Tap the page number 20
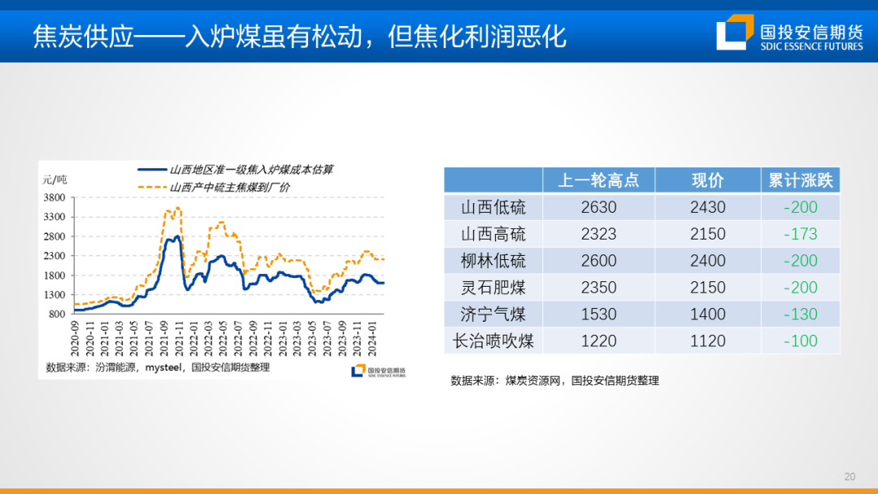850,476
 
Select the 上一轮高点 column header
598,180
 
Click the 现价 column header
707,180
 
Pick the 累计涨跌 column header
801,180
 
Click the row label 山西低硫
493,207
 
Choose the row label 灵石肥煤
493,288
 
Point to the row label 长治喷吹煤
493,341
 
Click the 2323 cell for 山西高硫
598,234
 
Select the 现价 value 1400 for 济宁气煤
707,314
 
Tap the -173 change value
801,234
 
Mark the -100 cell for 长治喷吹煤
801,341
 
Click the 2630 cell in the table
598,207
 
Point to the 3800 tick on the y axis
54,197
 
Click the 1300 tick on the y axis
54,295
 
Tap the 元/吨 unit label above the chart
55,179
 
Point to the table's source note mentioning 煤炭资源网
554,380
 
